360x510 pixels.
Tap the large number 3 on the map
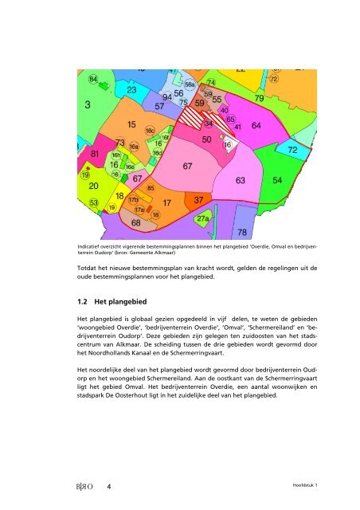88,104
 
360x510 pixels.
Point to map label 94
167,97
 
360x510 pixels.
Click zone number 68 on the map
136,224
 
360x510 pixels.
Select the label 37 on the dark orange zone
200,199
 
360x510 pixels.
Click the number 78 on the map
243,232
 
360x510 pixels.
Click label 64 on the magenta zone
256,126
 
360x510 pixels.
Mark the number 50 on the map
206,139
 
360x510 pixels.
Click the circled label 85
151,188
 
